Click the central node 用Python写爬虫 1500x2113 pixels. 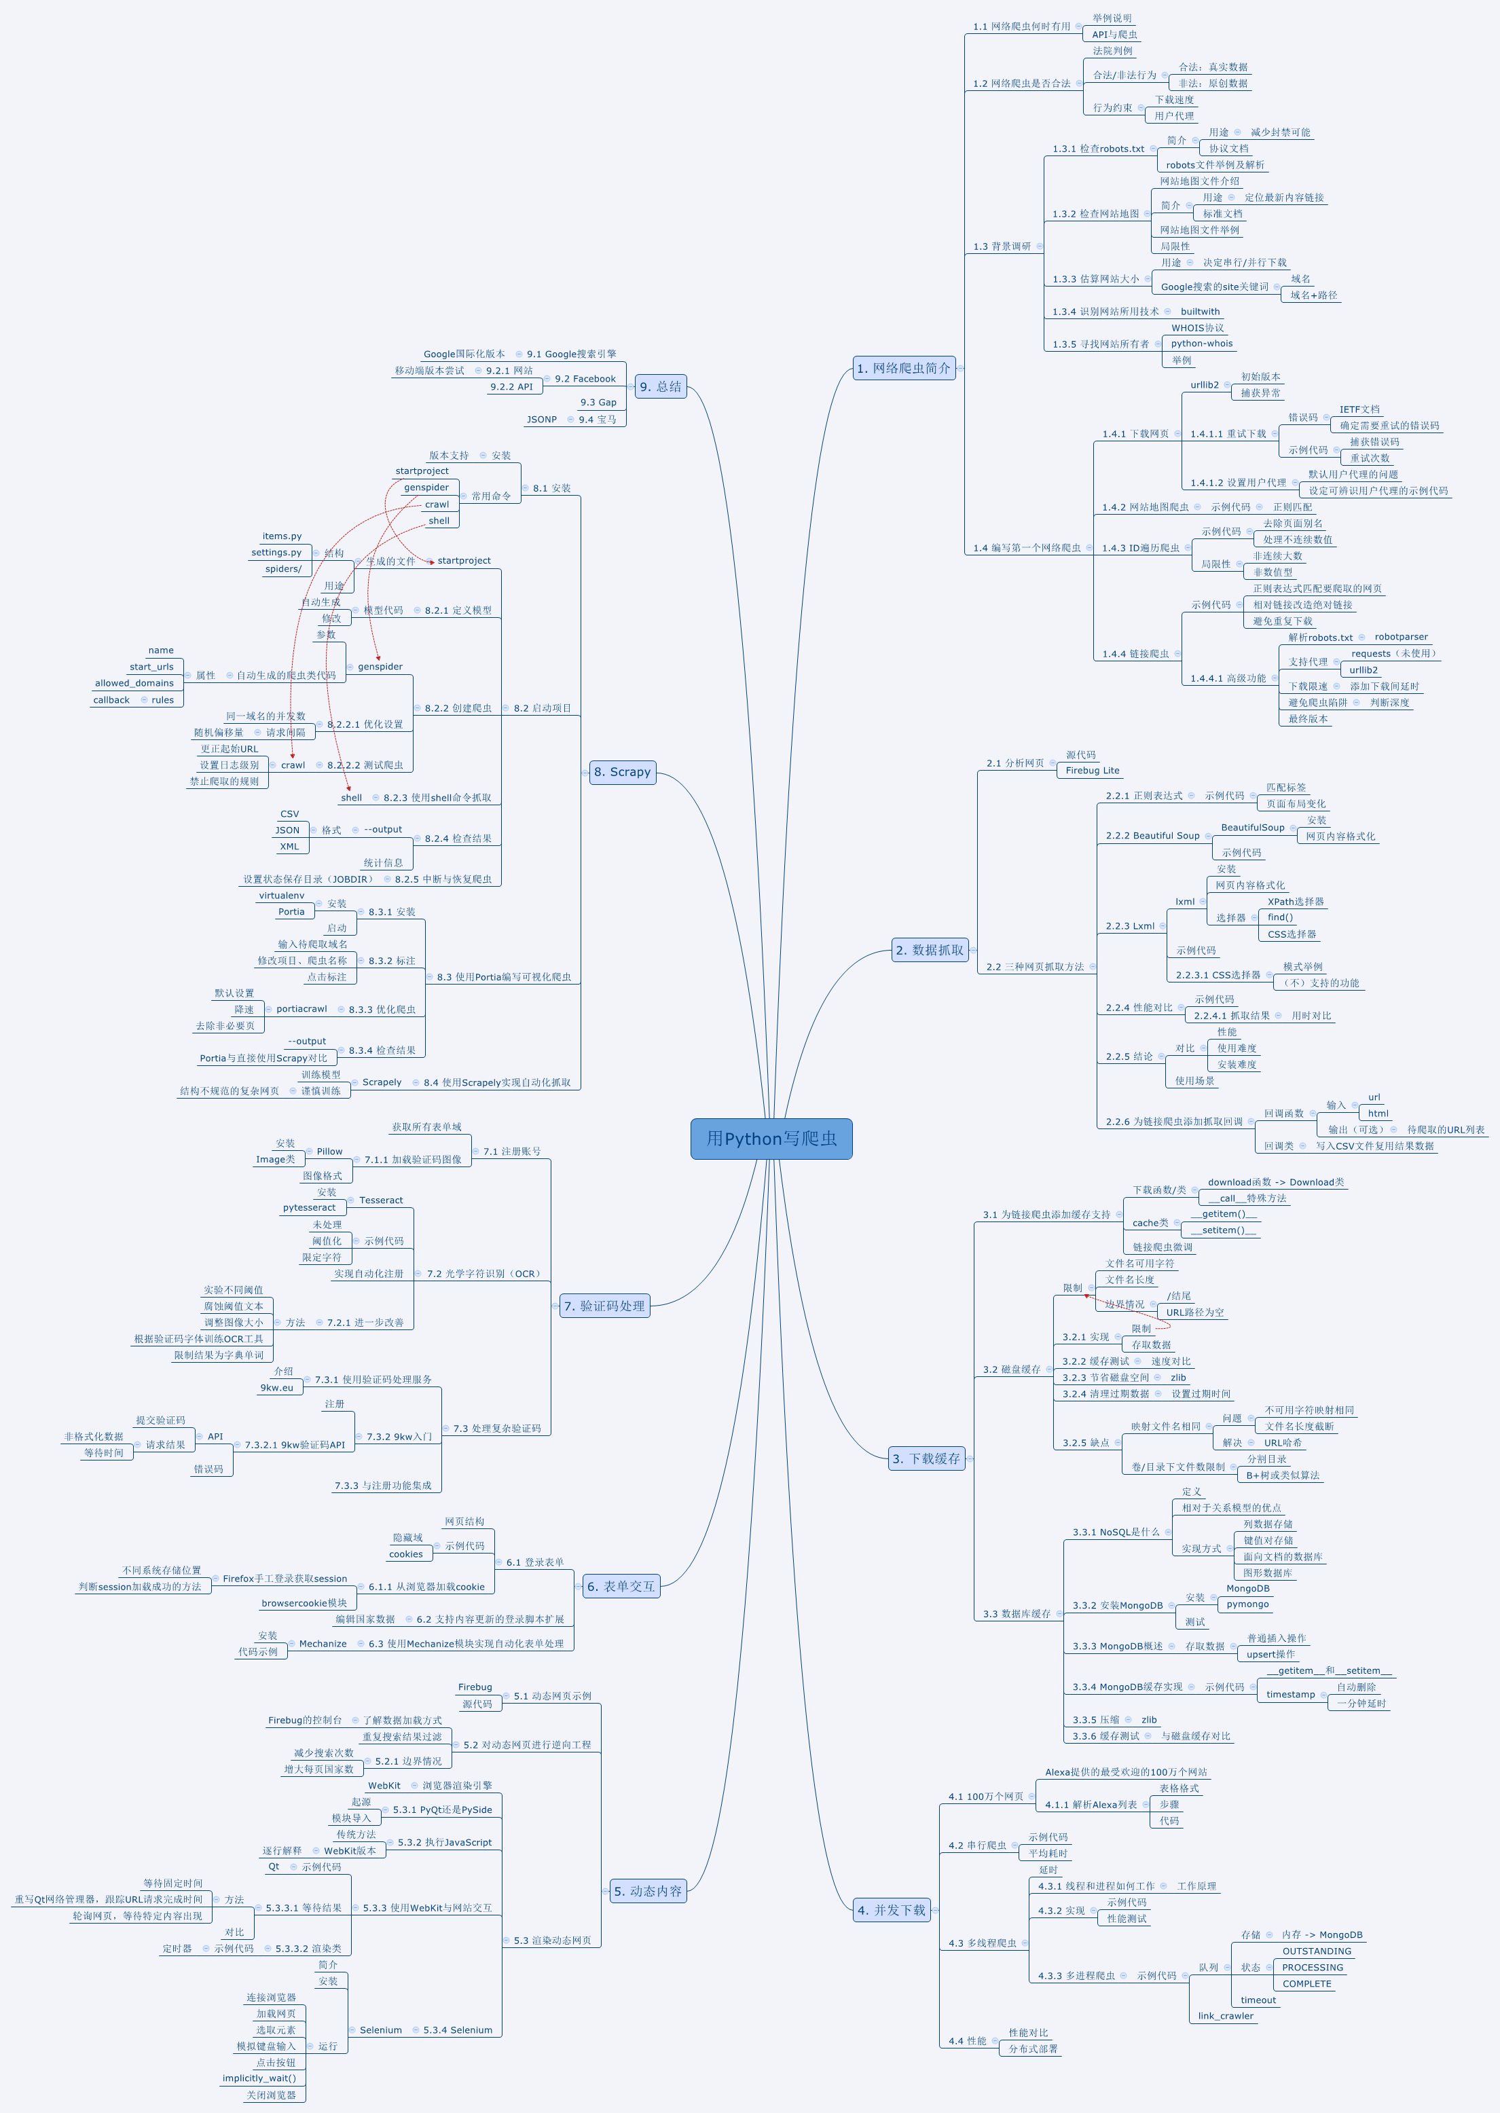771,1139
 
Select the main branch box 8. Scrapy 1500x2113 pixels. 623,772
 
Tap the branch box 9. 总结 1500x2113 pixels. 661,387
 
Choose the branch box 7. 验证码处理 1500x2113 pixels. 605,1306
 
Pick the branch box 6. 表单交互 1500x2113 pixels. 621,1587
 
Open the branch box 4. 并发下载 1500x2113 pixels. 892,1910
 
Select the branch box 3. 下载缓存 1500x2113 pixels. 926,1459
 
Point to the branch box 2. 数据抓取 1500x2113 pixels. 930,951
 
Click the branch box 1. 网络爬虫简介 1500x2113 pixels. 903,369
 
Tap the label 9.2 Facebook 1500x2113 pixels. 585,379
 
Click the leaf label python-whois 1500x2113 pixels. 1202,344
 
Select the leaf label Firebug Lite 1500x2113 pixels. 1093,770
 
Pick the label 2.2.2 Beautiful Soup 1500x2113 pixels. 1153,836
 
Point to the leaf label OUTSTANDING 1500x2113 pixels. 1316,1951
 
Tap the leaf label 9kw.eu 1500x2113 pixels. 276,1388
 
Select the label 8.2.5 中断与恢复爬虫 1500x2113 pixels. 443,879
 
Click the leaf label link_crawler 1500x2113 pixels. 1226,2016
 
